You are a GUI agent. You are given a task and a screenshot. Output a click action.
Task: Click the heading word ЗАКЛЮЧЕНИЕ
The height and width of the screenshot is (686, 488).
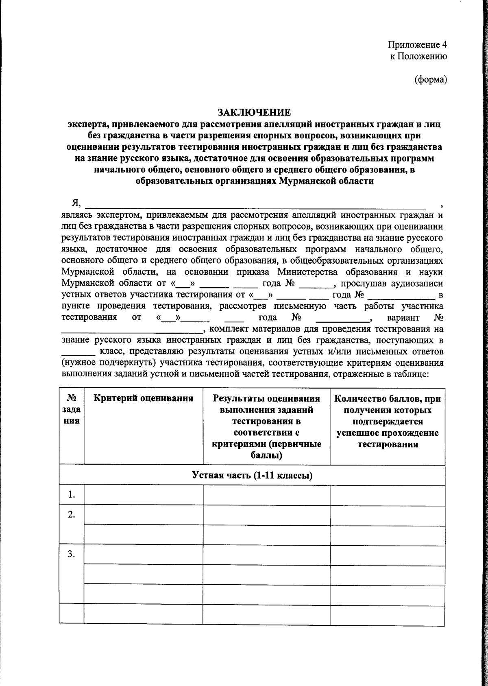pyautogui.click(x=255, y=112)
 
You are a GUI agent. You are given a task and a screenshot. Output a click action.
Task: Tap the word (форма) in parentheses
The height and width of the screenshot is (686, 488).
pyautogui.click(x=431, y=80)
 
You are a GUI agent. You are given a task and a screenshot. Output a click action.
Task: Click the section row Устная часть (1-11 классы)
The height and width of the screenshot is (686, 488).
pyautogui.click(x=252, y=475)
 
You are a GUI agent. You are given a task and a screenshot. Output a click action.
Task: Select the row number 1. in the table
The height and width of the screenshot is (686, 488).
pyautogui.click(x=72, y=495)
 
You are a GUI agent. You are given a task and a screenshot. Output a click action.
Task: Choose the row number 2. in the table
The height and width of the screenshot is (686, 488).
pyautogui.click(x=72, y=515)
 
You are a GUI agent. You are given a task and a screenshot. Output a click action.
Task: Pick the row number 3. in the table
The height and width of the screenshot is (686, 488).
pyautogui.click(x=72, y=554)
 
